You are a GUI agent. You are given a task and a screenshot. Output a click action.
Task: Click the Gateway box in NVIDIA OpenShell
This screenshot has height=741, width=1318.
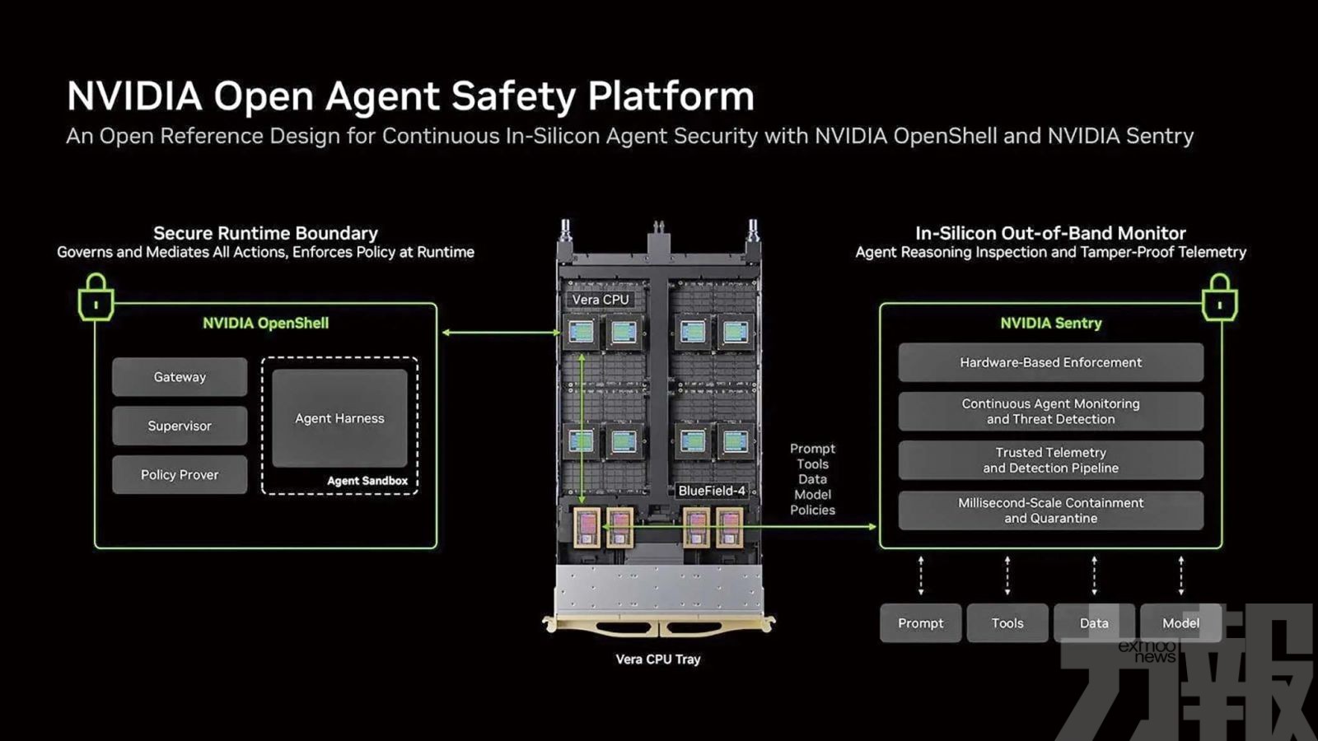coord(180,377)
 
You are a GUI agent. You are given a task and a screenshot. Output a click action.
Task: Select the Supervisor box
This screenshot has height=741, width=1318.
coord(180,426)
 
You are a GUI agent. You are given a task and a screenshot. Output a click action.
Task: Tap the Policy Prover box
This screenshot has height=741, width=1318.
coord(180,474)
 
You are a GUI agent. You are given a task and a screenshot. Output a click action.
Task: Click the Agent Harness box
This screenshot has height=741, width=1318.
coord(339,418)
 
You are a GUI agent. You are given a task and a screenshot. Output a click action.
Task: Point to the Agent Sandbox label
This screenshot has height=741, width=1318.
coord(367,481)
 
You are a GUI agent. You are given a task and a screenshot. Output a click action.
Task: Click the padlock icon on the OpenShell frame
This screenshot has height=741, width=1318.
coord(96,297)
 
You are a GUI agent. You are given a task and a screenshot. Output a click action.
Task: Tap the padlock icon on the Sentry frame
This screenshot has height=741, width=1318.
coord(1220,297)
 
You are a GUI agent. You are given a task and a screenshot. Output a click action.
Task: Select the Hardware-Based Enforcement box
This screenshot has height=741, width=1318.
coord(1051,362)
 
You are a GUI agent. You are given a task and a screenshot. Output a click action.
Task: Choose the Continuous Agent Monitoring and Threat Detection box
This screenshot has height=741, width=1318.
coord(1051,411)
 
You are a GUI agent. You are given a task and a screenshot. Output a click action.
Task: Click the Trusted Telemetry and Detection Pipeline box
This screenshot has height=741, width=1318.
coord(1051,460)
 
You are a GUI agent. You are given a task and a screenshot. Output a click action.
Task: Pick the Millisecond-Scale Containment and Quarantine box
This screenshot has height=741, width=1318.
coord(1051,510)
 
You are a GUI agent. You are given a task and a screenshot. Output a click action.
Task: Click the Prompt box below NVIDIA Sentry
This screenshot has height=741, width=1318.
coord(921,622)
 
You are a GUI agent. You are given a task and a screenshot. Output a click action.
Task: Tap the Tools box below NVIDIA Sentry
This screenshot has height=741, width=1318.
coord(1007,622)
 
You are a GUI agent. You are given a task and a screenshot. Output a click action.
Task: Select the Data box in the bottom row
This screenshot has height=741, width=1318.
coord(1094,622)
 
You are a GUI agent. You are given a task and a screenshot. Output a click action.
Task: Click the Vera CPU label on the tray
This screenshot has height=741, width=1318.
coord(601,300)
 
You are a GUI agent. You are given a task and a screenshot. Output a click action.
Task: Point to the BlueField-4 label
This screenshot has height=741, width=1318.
coord(712,491)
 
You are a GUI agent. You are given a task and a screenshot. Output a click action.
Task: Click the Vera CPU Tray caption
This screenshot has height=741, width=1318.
coord(658,659)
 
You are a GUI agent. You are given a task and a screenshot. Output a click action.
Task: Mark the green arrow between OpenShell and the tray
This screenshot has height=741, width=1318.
coord(502,333)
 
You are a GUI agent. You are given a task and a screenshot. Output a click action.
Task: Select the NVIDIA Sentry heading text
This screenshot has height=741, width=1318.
coord(1051,323)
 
